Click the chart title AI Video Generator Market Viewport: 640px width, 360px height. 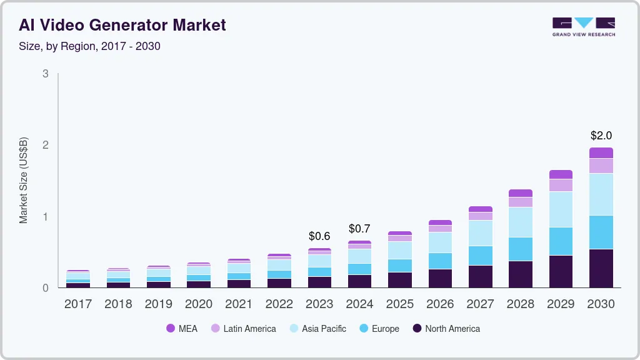[122, 25]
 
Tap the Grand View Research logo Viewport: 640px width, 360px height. [583, 26]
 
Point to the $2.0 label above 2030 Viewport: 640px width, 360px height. [601, 136]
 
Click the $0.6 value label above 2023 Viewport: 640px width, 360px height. [319, 236]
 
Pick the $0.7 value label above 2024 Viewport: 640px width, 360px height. [359, 229]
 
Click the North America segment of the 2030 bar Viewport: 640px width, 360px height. [601, 268]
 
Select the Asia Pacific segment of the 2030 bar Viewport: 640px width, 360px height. [601, 194]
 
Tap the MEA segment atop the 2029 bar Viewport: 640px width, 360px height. [561, 174]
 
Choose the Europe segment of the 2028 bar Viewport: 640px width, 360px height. [521, 249]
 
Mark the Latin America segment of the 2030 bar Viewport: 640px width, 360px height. [601, 166]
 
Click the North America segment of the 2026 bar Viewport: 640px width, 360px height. [440, 278]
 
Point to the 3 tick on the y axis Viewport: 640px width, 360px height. [45, 74]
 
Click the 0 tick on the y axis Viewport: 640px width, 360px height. [45, 288]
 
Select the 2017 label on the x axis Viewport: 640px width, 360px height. [79, 304]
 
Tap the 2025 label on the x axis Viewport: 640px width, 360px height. [400, 304]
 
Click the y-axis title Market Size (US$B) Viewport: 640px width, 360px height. [24, 181]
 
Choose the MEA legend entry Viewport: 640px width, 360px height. [182, 329]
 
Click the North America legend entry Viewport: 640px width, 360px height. [446, 329]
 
